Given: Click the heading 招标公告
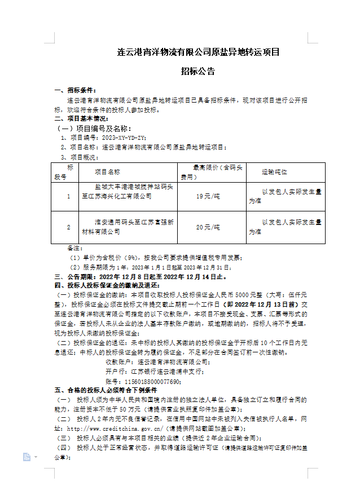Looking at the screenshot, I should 197,72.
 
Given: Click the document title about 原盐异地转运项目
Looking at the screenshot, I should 197,52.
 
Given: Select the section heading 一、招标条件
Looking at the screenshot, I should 76,90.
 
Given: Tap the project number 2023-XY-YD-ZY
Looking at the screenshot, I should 122,138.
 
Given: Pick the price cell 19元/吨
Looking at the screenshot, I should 208,196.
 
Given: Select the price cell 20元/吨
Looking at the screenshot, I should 208,227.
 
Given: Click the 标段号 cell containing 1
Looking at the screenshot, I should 68,196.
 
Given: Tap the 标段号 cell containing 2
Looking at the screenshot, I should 68,227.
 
